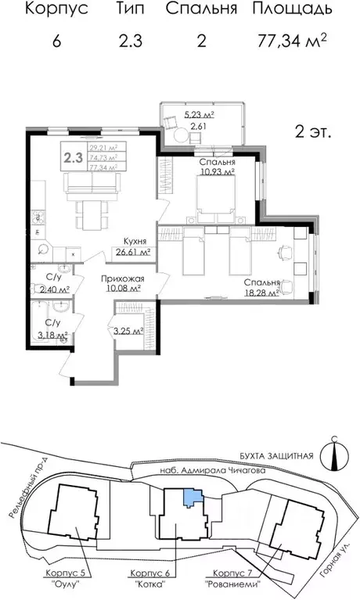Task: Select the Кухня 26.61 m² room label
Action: pos(131,247)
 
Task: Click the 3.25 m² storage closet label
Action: pos(127,331)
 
